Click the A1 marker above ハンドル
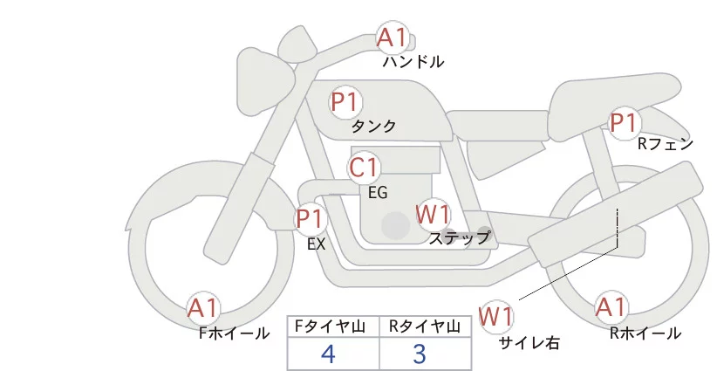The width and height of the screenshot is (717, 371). pyautogui.click(x=392, y=38)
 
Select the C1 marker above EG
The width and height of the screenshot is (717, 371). pyautogui.click(x=364, y=168)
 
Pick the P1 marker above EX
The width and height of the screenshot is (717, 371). pyautogui.click(x=310, y=218)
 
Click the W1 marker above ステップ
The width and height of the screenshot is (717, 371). pyautogui.click(x=433, y=214)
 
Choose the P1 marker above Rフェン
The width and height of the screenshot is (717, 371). pyautogui.click(x=624, y=124)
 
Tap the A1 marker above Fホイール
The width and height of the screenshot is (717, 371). pyautogui.click(x=203, y=308)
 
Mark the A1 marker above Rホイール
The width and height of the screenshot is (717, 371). pyautogui.click(x=611, y=307)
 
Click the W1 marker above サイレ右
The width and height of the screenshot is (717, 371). pyautogui.click(x=497, y=315)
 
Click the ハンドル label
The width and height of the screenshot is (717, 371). pyautogui.click(x=413, y=62)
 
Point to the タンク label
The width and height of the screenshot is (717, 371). pyautogui.click(x=373, y=127)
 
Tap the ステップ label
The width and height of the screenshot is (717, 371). pyautogui.click(x=460, y=237)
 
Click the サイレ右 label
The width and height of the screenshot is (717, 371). pyautogui.click(x=529, y=342)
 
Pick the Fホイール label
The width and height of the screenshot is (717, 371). pyautogui.click(x=234, y=333)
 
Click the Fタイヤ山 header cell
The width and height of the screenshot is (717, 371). pyautogui.click(x=333, y=326)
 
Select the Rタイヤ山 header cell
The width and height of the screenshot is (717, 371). pyautogui.click(x=427, y=326)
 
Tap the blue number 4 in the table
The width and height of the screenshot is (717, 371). pyautogui.click(x=328, y=354)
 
